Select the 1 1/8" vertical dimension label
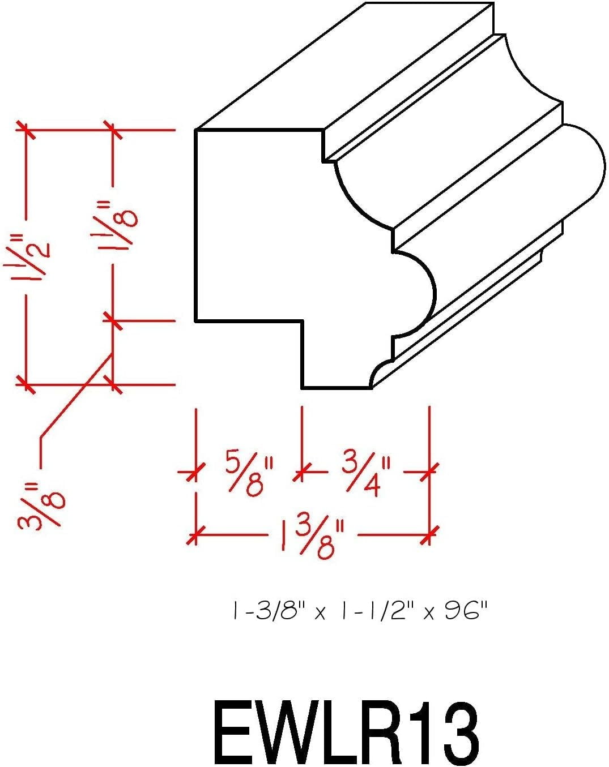[x=114, y=225]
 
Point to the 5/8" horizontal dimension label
[x=250, y=473]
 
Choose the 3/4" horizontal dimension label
[x=367, y=474]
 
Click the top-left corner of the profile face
[x=196, y=130]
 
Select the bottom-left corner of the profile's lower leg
[x=303, y=387]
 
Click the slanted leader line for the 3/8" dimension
[x=76, y=395]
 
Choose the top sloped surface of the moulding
[x=344, y=66]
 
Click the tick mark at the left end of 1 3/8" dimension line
[x=196, y=535]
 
